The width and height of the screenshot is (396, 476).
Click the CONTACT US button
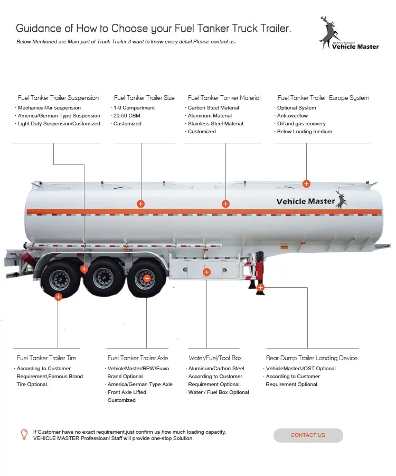coord(308,435)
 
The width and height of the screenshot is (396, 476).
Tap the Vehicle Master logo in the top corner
coord(348,34)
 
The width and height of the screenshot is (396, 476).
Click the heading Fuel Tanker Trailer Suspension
coord(58,98)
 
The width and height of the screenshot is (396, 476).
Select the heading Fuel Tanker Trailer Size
coord(144,98)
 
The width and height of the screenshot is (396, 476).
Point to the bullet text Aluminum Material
coord(210,116)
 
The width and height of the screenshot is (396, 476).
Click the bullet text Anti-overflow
coord(293,116)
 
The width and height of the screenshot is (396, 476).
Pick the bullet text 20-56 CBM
coord(127,116)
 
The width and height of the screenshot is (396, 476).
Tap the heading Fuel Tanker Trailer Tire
coord(46,358)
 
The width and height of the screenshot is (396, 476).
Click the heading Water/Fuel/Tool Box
coord(215,358)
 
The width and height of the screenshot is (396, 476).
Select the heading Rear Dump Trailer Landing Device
coord(312,358)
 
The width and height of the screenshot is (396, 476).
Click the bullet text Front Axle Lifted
coord(127,392)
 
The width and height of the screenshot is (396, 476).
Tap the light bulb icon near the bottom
coord(24,435)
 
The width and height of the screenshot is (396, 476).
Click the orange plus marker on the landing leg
coord(260,287)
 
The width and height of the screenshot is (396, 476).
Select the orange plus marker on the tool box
coord(206,272)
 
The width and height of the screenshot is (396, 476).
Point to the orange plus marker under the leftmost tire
coord(59,297)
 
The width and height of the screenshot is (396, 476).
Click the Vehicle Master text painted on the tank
coord(305,202)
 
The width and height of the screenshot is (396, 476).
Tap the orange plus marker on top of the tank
coord(306,184)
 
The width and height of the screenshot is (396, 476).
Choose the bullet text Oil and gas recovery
coord(301,124)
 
